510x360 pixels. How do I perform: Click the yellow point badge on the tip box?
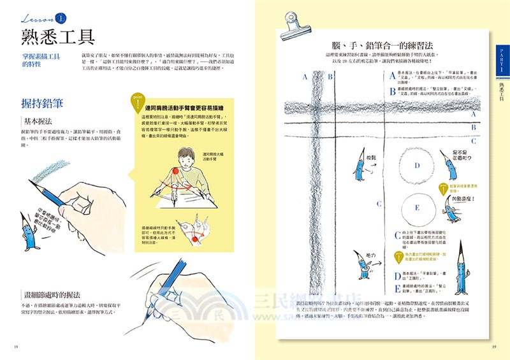click(x=136, y=101)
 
